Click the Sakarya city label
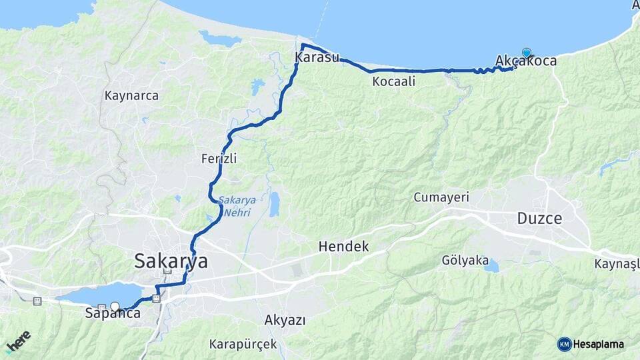click(171, 261)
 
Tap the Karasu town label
click(317, 58)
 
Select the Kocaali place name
click(394, 81)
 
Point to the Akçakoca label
click(526, 61)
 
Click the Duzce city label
click(539, 218)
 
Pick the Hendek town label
click(343, 246)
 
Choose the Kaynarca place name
click(131, 95)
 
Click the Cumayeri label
click(441, 197)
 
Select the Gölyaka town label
click(465, 260)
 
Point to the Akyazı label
click(285, 320)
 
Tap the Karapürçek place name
click(243, 345)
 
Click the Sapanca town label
click(112, 313)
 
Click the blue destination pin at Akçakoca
click(527, 53)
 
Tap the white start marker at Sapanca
click(115, 307)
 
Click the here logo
click(19, 341)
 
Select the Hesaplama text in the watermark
click(598, 344)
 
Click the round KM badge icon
click(565, 344)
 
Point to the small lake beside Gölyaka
click(491, 267)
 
